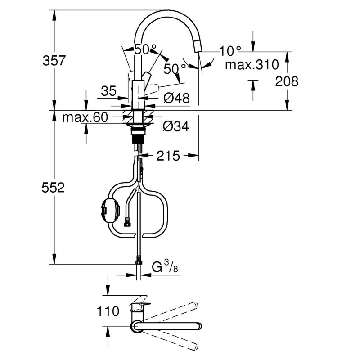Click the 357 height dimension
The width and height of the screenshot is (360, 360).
(54, 61)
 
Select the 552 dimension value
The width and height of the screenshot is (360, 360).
(53, 188)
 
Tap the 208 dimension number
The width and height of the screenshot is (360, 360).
(287, 81)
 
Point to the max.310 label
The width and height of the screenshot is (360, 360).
(252, 65)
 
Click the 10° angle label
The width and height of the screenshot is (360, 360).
(230, 51)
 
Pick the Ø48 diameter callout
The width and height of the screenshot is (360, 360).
(176, 98)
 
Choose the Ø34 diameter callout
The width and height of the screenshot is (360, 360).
(176, 126)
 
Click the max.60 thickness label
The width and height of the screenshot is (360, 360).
(85, 117)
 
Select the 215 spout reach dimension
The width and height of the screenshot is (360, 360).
(168, 156)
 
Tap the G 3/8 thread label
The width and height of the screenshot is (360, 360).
(165, 267)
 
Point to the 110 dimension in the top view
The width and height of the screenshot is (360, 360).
(108, 311)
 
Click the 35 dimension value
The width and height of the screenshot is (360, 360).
(108, 91)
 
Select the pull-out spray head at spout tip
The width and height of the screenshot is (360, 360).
(198, 46)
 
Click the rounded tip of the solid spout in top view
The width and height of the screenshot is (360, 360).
(199, 326)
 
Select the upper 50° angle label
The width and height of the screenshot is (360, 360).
(145, 49)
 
